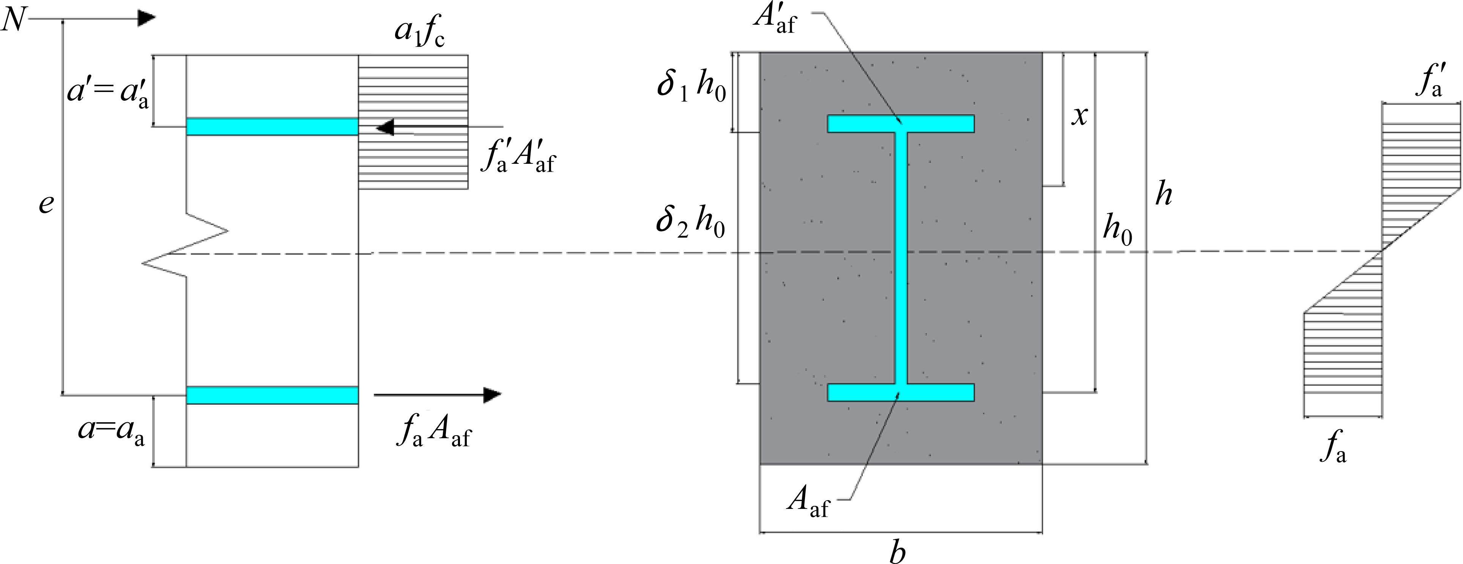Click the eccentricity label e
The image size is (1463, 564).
[x=46, y=204]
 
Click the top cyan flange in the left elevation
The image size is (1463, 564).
[x=272, y=126]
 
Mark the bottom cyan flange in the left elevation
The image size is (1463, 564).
[x=272, y=395]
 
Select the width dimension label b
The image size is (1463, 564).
[x=897, y=551]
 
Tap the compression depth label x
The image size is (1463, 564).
[x=1079, y=117]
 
